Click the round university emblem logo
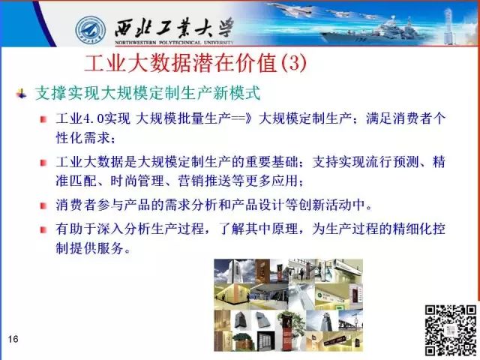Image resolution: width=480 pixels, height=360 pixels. pos(91,31)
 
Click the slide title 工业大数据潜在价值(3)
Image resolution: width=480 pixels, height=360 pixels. pos(195,63)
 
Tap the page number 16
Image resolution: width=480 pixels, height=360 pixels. pos(13,339)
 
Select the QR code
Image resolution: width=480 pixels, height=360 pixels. pos(451,330)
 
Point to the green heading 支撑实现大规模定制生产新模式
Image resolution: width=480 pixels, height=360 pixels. pos(148,93)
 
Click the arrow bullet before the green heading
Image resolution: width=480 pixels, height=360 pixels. pos(22,94)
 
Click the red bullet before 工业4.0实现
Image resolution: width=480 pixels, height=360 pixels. pos(43,119)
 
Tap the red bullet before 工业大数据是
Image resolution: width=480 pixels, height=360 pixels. pos(43,162)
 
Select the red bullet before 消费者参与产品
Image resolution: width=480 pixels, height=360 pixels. pos(43,205)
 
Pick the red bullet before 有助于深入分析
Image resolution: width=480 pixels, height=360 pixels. pos(43,229)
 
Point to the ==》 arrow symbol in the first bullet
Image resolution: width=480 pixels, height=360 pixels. pos(241,118)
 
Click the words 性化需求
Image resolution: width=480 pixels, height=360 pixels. pos(82,137)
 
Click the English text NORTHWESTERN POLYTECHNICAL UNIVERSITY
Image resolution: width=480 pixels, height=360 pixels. pos(174,43)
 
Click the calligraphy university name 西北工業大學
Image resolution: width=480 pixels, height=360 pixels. pos(174,28)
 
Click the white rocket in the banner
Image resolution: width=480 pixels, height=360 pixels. pos(448,25)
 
